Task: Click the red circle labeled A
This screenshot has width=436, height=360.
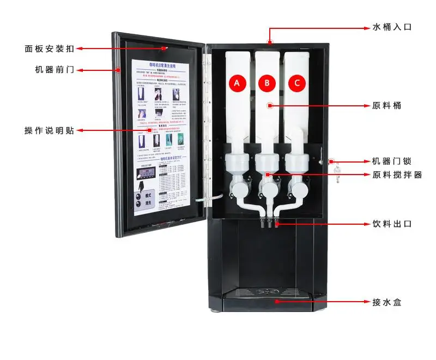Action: (x=237, y=83)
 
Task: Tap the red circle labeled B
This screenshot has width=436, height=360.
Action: (x=267, y=83)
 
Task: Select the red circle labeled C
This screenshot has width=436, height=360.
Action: (x=297, y=83)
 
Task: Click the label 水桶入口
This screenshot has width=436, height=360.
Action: (x=391, y=26)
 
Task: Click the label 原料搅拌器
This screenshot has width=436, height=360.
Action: (x=397, y=175)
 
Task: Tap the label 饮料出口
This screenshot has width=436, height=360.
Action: (x=391, y=224)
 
